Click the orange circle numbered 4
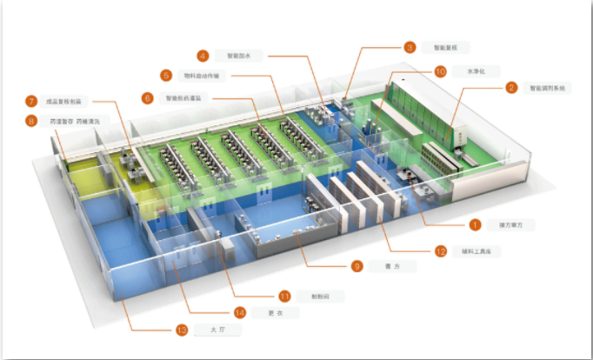[203, 56]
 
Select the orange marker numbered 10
[440, 71]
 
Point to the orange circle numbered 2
[511, 88]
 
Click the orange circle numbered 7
[31, 102]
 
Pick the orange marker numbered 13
[182, 330]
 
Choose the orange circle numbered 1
[476, 224]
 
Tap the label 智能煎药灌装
[184, 98]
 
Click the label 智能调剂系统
[547, 88]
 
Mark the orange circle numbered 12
[441, 251]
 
